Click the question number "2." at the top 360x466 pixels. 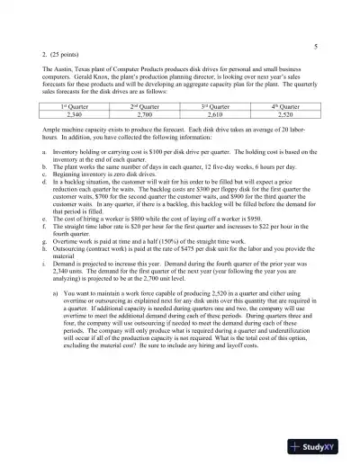click(44, 56)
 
